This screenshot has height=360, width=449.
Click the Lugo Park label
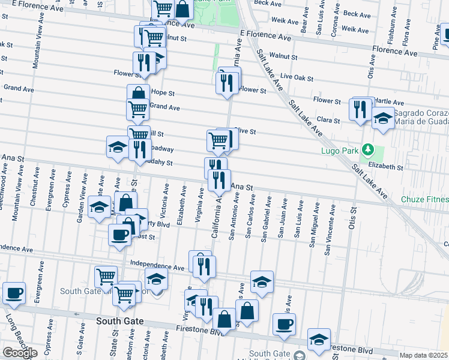[x=345, y=150]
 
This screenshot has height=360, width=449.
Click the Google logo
[x=19, y=353]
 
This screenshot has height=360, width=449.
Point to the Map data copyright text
[x=424, y=355]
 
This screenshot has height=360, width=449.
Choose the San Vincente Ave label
[x=328, y=230]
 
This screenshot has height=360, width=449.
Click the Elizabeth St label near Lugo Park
[x=385, y=166]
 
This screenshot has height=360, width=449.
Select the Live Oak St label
[x=297, y=77]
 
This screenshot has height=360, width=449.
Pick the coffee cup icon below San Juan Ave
[x=285, y=324]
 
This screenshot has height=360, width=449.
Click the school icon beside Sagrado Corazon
[x=383, y=119]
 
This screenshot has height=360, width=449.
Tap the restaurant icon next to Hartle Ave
[x=360, y=109]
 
